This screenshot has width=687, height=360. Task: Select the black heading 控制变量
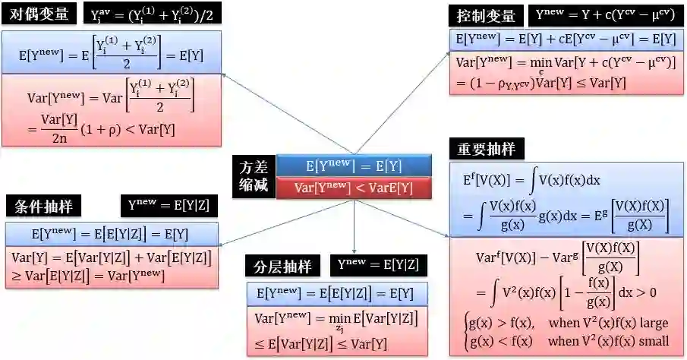coord(486,16)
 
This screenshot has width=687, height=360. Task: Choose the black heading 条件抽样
coord(48,207)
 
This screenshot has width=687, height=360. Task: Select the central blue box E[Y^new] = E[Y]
coord(354,166)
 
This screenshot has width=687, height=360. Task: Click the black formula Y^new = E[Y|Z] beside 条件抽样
coord(169,205)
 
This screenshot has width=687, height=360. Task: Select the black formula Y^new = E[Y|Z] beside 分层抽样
coord(378,265)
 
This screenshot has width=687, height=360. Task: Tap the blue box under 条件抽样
coord(112,233)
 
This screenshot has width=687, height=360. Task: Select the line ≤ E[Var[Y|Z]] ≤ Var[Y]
coord(321,343)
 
